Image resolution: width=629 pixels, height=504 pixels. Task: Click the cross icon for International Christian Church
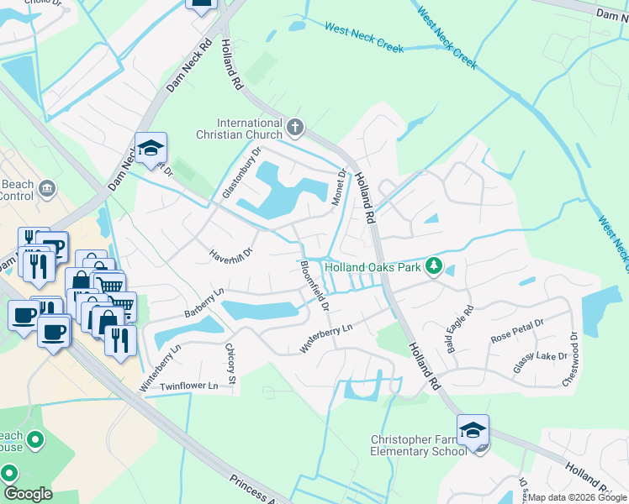point(293,128)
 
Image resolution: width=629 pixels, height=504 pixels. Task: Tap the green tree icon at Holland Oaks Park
point(434,266)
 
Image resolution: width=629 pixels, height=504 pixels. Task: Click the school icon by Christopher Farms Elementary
point(473,429)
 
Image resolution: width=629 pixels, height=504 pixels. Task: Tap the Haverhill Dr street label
point(231,252)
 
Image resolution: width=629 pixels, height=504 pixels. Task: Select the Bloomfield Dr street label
point(314,286)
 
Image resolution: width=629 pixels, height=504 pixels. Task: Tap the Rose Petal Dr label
point(517,334)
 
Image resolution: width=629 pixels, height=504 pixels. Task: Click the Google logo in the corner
point(28,494)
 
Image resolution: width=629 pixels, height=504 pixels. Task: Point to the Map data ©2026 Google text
point(577,497)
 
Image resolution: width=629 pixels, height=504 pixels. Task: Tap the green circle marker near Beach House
point(34,439)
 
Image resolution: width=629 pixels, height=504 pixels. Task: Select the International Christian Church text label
point(251,129)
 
